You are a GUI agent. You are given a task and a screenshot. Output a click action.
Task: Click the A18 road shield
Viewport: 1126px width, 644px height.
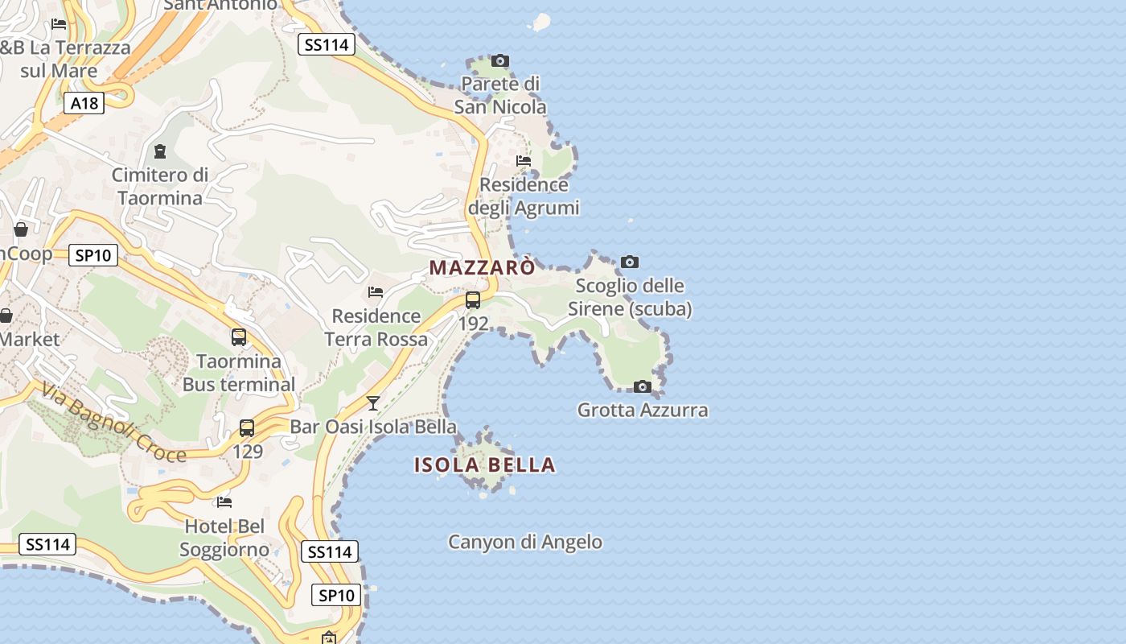[x=84, y=103]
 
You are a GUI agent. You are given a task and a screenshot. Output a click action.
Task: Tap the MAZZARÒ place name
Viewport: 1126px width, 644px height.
[x=482, y=267]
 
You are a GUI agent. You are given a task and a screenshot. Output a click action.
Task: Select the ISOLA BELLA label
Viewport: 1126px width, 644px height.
[x=484, y=464]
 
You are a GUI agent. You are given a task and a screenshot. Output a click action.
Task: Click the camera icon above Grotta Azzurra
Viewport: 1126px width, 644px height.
[x=642, y=386]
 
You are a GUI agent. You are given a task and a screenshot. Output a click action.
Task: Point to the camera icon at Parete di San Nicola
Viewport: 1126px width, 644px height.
[x=500, y=60]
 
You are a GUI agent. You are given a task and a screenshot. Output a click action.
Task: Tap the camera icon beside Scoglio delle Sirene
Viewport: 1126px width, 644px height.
[x=630, y=262]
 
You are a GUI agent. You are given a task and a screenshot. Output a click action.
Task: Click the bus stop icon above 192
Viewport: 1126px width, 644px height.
[x=473, y=300]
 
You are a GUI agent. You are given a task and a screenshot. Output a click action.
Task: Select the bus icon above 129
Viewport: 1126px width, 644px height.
[x=247, y=428]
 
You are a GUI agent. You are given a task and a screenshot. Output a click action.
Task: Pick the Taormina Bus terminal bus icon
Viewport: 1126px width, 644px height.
[x=239, y=337]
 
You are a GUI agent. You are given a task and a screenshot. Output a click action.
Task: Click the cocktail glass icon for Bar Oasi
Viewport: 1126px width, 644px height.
[x=373, y=402]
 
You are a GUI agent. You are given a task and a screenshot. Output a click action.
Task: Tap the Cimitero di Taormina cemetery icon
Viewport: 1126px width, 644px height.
[x=159, y=151]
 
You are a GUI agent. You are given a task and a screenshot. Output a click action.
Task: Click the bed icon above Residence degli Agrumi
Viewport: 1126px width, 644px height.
[x=524, y=161]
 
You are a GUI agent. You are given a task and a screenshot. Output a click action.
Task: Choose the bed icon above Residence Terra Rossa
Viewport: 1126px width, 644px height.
[x=376, y=292]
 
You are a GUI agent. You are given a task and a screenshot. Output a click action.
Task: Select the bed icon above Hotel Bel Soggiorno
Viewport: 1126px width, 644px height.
[x=224, y=502]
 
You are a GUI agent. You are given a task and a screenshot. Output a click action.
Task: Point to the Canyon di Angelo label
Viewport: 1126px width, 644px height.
[x=524, y=542]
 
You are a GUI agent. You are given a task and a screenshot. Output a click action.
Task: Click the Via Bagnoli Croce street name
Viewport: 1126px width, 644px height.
[x=113, y=423]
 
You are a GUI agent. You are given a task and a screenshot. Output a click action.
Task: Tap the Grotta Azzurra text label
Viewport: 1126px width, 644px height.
[x=643, y=411]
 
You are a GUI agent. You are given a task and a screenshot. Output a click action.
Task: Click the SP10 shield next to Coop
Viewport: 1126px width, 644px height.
[x=93, y=256]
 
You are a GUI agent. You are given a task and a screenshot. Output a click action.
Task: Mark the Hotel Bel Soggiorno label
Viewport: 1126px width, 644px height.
[x=224, y=539]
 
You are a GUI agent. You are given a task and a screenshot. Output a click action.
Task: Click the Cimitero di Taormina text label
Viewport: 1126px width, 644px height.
[x=160, y=186]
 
